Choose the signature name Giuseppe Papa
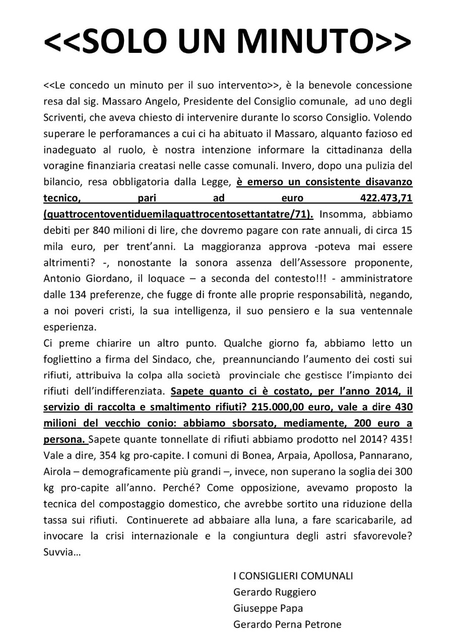coord(268,608)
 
